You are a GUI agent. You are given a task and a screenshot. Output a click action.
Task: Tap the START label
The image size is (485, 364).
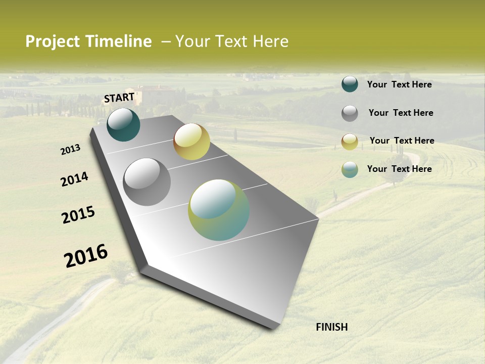[x=119, y=98]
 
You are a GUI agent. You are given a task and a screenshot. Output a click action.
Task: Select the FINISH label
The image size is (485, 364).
[x=332, y=327]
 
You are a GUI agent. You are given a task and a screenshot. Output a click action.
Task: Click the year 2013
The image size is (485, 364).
[x=71, y=150]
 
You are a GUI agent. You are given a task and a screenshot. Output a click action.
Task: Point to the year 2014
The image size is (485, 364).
[x=74, y=179]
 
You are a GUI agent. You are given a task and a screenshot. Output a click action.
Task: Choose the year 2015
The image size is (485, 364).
[x=78, y=215]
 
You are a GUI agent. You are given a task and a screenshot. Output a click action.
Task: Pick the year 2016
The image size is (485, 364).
[x=86, y=255]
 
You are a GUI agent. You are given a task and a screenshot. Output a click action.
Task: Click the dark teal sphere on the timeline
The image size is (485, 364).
[x=123, y=125]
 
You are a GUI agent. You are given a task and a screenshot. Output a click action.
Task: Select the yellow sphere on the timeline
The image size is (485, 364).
[x=191, y=142]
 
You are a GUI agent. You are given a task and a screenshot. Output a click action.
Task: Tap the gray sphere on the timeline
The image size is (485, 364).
[x=147, y=182]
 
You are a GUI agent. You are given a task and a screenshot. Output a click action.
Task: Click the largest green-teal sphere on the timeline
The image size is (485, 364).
[x=219, y=210]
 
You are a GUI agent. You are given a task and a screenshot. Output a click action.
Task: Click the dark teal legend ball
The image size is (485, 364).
[x=350, y=84]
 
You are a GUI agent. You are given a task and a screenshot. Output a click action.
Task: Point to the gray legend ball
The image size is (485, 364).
[x=350, y=113]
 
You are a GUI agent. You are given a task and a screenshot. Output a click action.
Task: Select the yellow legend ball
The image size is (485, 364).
[x=350, y=142]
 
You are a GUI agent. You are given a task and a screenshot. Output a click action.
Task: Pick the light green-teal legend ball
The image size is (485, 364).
[x=350, y=169]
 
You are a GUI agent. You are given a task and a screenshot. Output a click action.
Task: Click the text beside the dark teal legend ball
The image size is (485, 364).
[x=399, y=84]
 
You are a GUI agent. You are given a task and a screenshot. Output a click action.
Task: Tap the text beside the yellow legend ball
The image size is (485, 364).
[x=402, y=141]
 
